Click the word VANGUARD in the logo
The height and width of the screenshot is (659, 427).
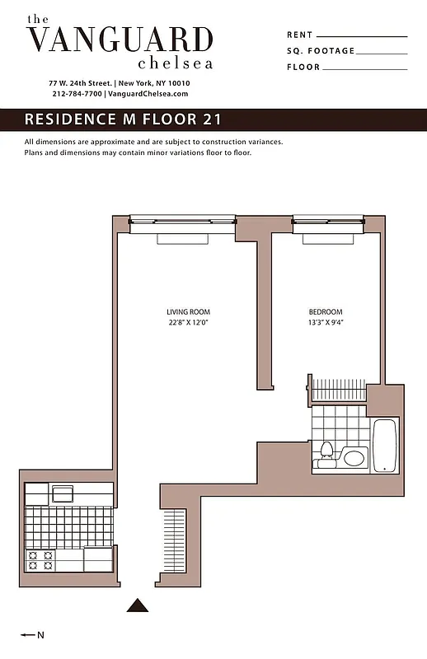[120, 40]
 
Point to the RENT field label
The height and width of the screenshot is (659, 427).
[300, 35]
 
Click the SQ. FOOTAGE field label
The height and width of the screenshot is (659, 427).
[321, 51]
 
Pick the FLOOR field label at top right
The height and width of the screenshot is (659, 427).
[303, 68]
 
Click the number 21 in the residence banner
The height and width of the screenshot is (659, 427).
[212, 119]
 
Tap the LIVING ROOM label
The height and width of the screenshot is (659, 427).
[189, 311]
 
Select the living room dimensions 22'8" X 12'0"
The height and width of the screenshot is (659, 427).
[189, 322]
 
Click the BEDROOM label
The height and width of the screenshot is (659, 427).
[326, 311]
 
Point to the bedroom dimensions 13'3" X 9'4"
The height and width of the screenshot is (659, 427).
[326, 322]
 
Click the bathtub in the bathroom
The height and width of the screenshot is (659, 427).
[384, 445]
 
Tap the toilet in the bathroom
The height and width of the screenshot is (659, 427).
[326, 455]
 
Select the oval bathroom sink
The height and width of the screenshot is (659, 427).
[354, 457]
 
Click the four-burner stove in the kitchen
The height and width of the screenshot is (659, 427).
[40, 561]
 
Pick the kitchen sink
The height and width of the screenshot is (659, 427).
[62, 494]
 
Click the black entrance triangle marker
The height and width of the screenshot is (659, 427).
[138, 605]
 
